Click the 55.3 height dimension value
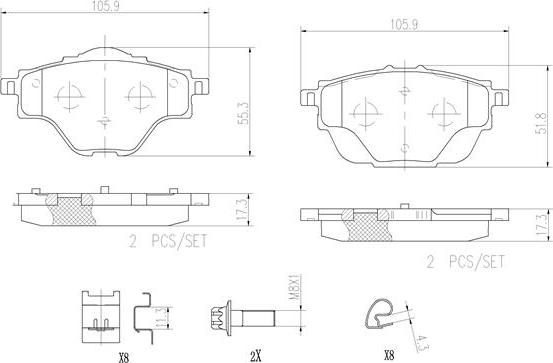[x=243, y=113]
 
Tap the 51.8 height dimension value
[x=541, y=123]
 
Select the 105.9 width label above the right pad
[x=404, y=25]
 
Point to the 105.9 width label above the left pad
[x=105, y=6]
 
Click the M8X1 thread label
[x=295, y=288]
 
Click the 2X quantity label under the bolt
[x=256, y=357]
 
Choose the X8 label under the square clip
[x=124, y=358]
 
